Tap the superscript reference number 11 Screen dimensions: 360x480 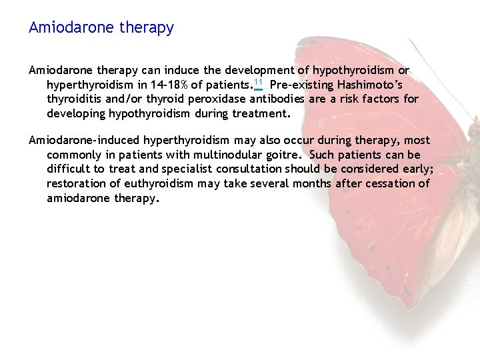coord(258,83)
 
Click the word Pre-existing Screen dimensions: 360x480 coord(301,85)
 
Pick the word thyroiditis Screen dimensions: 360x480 coord(73,99)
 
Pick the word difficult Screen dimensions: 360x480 coord(69,169)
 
